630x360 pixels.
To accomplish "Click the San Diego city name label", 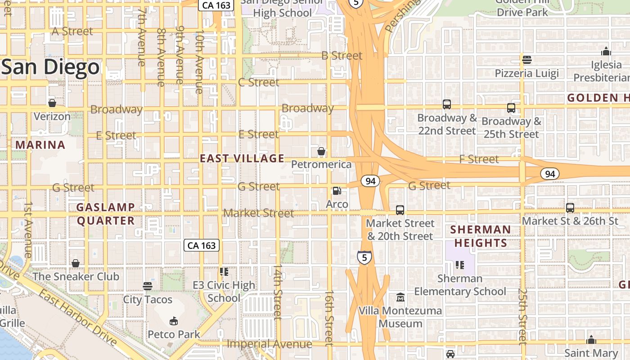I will (x=50, y=67).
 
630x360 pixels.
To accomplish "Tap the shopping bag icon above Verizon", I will (x=52, y=103).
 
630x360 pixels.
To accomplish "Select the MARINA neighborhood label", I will (x=40, y=145).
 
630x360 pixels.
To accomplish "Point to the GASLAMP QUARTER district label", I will (x=106, y=214).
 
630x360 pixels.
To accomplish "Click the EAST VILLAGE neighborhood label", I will (x=242, y=158).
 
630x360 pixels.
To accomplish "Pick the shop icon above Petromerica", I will (x=321, y=151).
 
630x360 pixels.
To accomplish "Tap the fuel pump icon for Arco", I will (x=337, y=191).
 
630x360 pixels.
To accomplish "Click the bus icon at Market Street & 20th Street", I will (x=400, y=210).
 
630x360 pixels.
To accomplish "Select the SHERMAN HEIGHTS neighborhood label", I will (x=481, y=236).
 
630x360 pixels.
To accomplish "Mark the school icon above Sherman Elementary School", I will (x=459, y=265).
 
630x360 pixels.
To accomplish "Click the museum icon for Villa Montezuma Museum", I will (x=400, y=297).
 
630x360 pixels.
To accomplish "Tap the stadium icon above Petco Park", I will (x=173, y=321).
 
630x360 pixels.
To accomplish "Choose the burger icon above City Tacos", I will (x=148, y=286).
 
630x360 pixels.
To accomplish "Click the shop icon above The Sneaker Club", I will (x=76, y=263).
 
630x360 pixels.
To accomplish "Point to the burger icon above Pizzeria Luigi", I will (x=526, y=59).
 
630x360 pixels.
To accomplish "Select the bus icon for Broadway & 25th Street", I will (x=511, y=108).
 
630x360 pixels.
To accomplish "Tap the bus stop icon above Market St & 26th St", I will (x=570, y=207).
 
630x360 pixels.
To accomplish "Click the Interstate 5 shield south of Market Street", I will (x=364, y=257).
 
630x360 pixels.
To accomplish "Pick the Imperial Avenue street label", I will (x=269, y=344).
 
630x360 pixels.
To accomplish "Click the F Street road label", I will (x=479, y=159).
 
